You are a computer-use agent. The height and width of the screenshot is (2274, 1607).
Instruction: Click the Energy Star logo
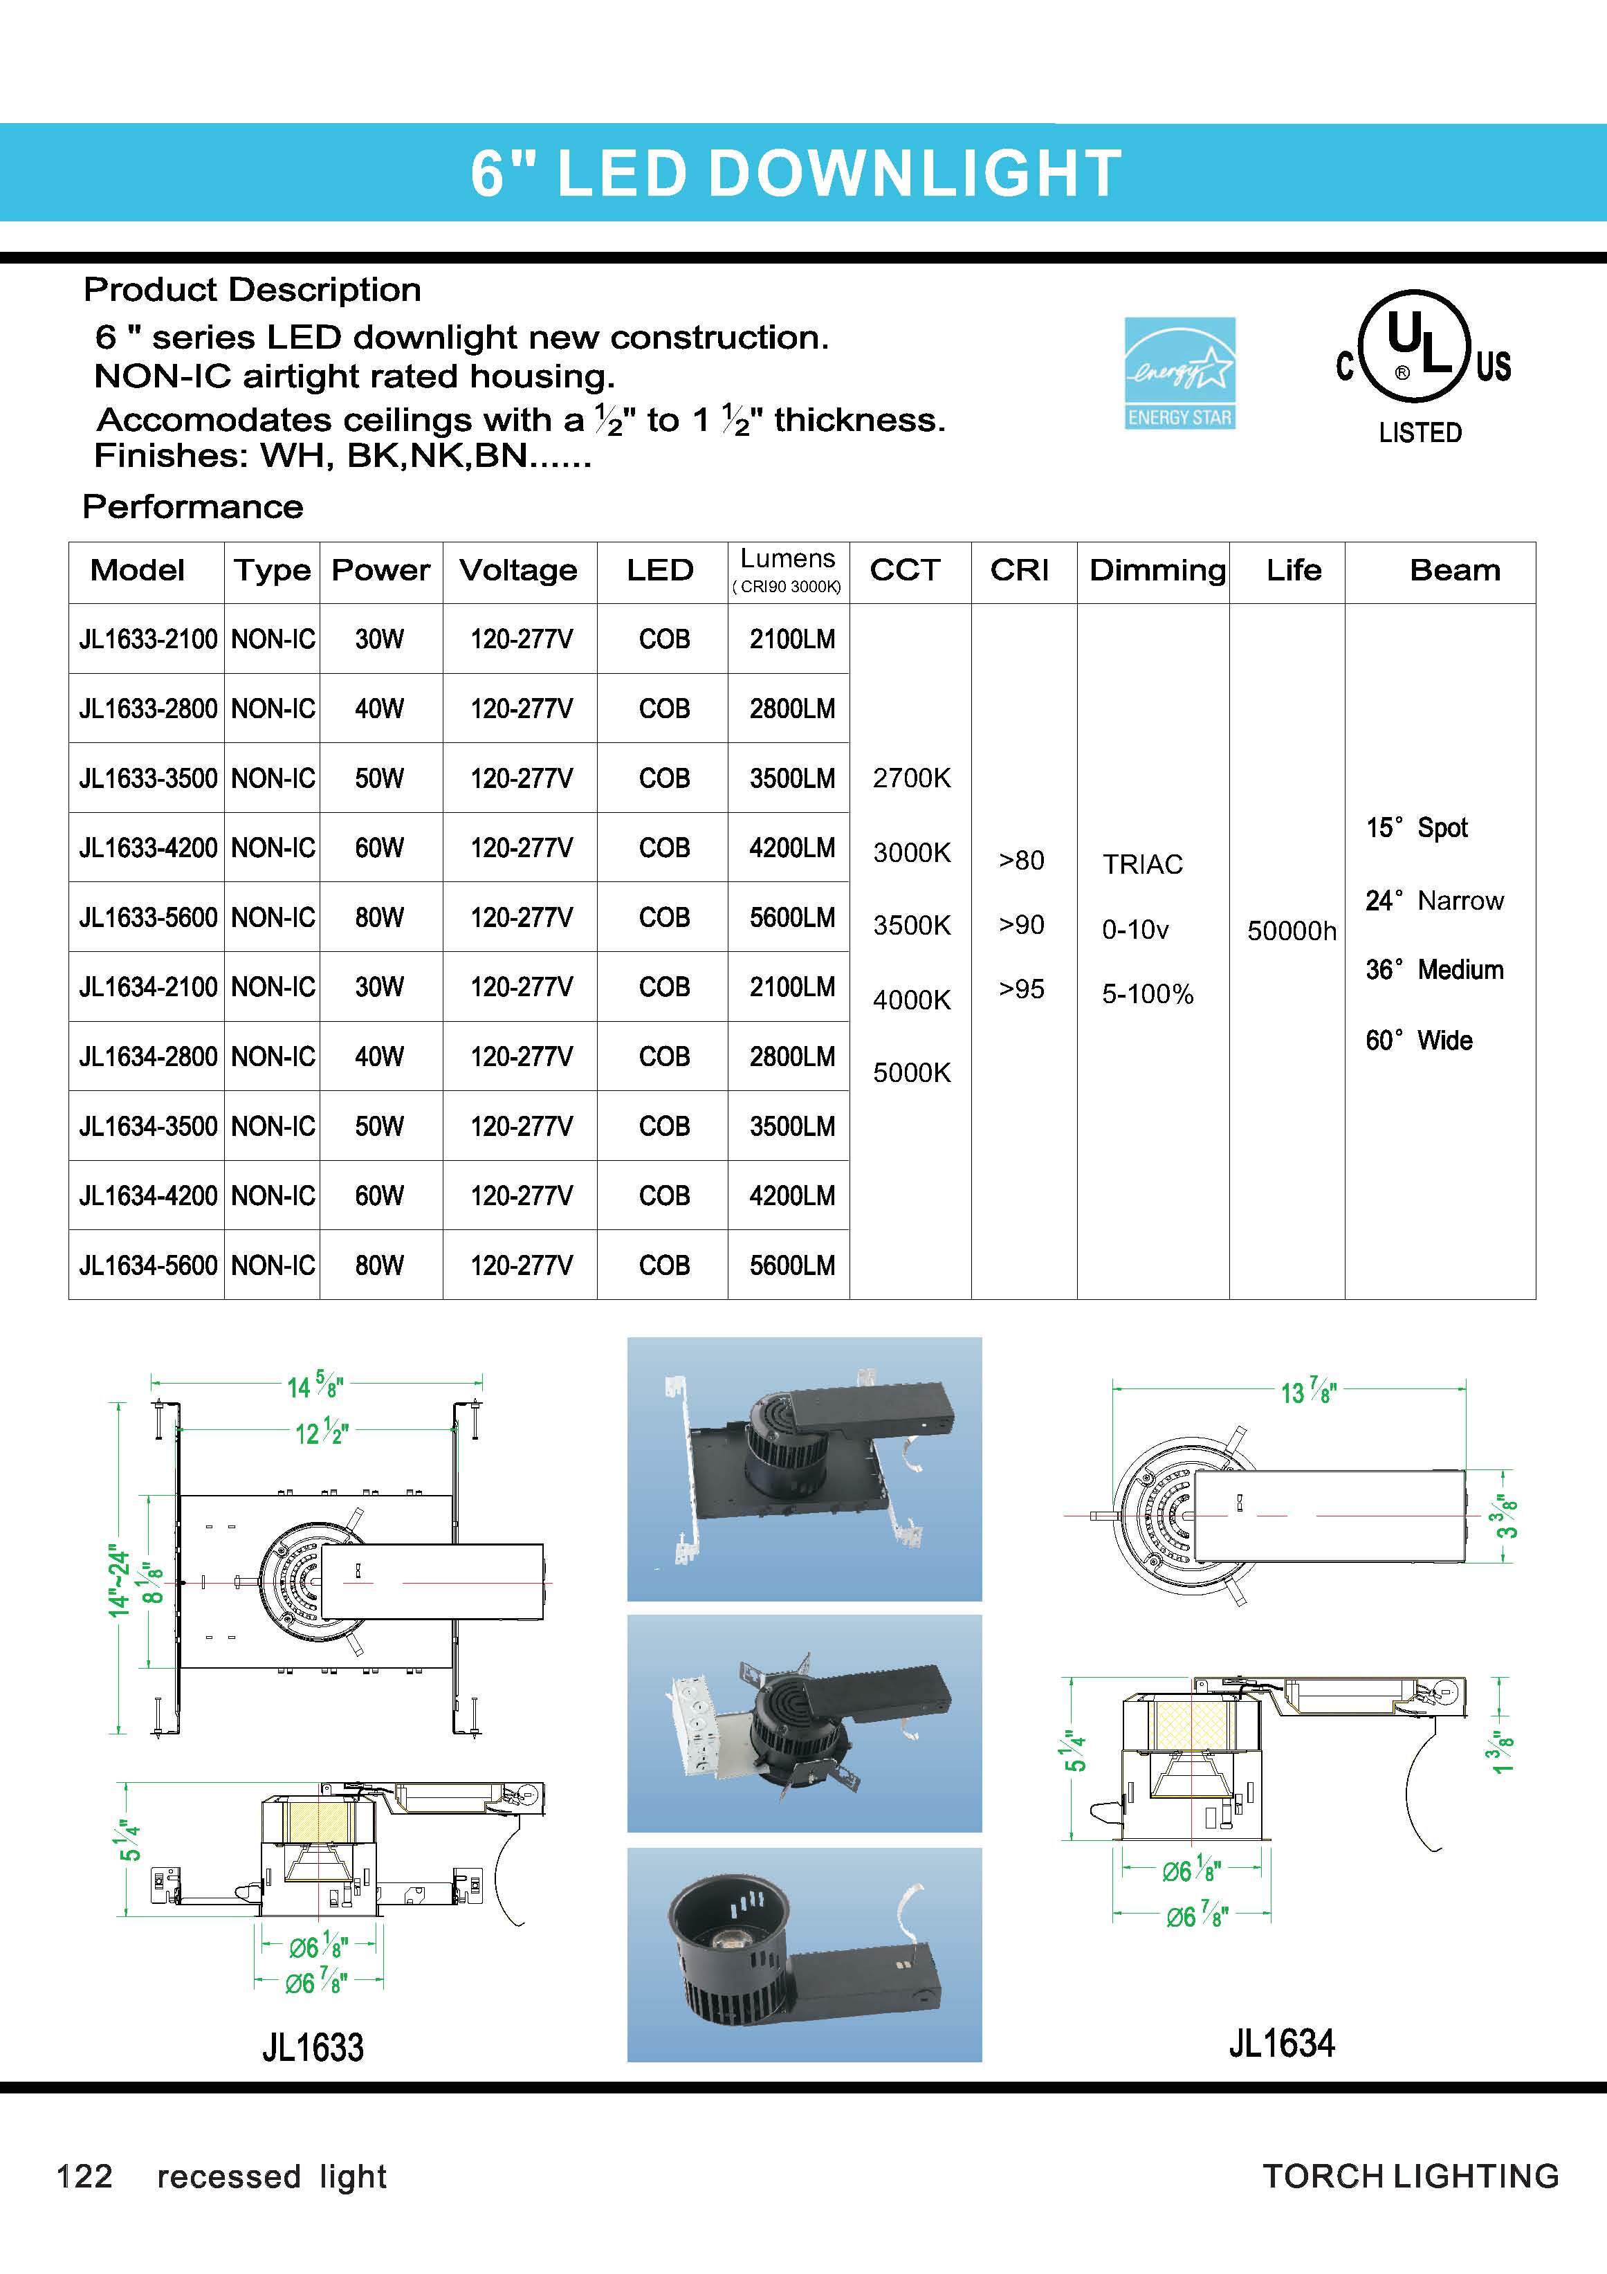pos(1179,374)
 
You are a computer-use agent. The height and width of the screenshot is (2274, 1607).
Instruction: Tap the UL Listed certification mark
pos(1421,367)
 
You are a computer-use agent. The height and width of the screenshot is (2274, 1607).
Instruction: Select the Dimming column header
pos(1157,571)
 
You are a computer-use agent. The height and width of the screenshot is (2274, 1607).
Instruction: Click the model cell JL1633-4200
pos(147,847)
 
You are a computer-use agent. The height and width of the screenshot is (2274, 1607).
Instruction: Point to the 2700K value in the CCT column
pos(911,778)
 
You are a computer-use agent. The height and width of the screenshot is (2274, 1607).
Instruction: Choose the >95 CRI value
pos(1021,989)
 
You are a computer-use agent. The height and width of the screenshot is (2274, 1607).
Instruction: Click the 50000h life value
pos(1291,931)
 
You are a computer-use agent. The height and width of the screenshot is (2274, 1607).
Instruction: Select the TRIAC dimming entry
pos(1143,865)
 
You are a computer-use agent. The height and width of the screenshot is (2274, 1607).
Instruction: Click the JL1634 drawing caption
pos(1281,2042)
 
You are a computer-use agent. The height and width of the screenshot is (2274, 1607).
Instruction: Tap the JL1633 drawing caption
pos(313,2046)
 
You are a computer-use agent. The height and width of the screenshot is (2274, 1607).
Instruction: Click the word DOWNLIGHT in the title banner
pos(914,174)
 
